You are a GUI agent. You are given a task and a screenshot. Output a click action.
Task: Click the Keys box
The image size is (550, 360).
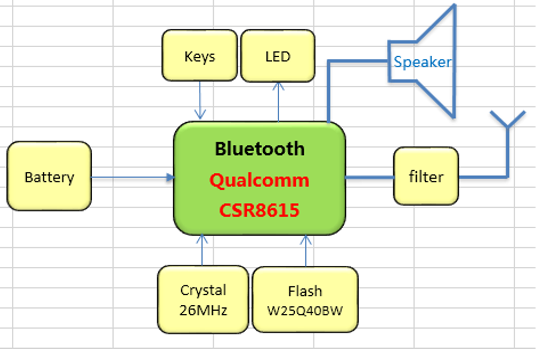pyautogui.click(x=199, y=55)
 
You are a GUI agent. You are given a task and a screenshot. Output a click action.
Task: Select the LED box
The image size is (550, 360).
pyautogui.click(x=278, y=56)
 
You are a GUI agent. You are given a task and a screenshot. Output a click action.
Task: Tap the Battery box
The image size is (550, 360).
pyautogui.click(x=49, y=176)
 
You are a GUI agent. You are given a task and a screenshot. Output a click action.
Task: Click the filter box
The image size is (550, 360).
pyautogui.click(x=426, y=176)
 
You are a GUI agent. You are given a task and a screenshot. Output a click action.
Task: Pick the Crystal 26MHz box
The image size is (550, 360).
pyautogui.click(x=203, y=299)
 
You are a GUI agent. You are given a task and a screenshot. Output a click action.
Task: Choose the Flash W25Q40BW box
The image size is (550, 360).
pyautogui.click(x=305, y=299)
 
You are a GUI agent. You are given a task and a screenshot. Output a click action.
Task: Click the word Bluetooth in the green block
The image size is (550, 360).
pyautogui.click(x=259, y=148)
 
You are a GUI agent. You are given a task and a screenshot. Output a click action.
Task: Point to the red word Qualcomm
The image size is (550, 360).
pyautogui.click(x=259, y=180)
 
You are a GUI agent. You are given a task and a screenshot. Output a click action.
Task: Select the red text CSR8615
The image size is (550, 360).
pyautogui.click(x=259, y=210)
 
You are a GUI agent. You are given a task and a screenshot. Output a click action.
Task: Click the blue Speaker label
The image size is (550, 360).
pyautogui.click(x=422, y=62)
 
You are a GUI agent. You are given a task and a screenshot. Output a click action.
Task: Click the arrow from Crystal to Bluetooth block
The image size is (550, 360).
pyautogui.click(x=202, y=250)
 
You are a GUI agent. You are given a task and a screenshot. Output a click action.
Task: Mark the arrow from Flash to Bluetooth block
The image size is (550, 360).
pyautogui.click(x=306, y=250)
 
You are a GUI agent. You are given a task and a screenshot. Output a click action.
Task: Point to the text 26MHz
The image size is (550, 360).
pyautogui.click(x=203, y=310)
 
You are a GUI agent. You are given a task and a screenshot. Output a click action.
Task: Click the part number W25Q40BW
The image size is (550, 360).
pyautogui.click(x=305, y=310)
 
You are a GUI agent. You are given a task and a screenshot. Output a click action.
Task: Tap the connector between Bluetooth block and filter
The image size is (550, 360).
pyautogui.click(x=370, y=177)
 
